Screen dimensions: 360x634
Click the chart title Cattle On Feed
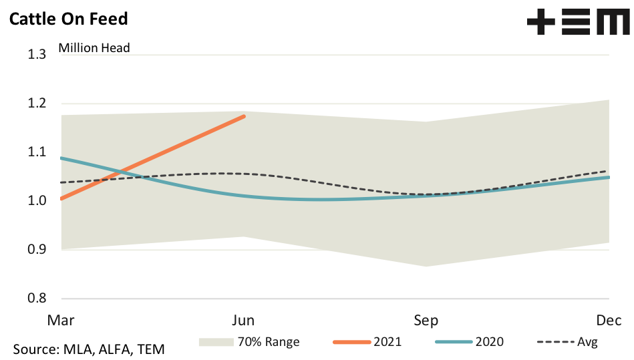pos(67,18)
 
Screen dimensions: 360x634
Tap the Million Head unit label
pos(94,47)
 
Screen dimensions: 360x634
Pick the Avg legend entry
pos(587,342)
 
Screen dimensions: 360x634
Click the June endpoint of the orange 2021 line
pos(244,116)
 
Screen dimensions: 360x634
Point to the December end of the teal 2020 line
pos(609,177)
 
